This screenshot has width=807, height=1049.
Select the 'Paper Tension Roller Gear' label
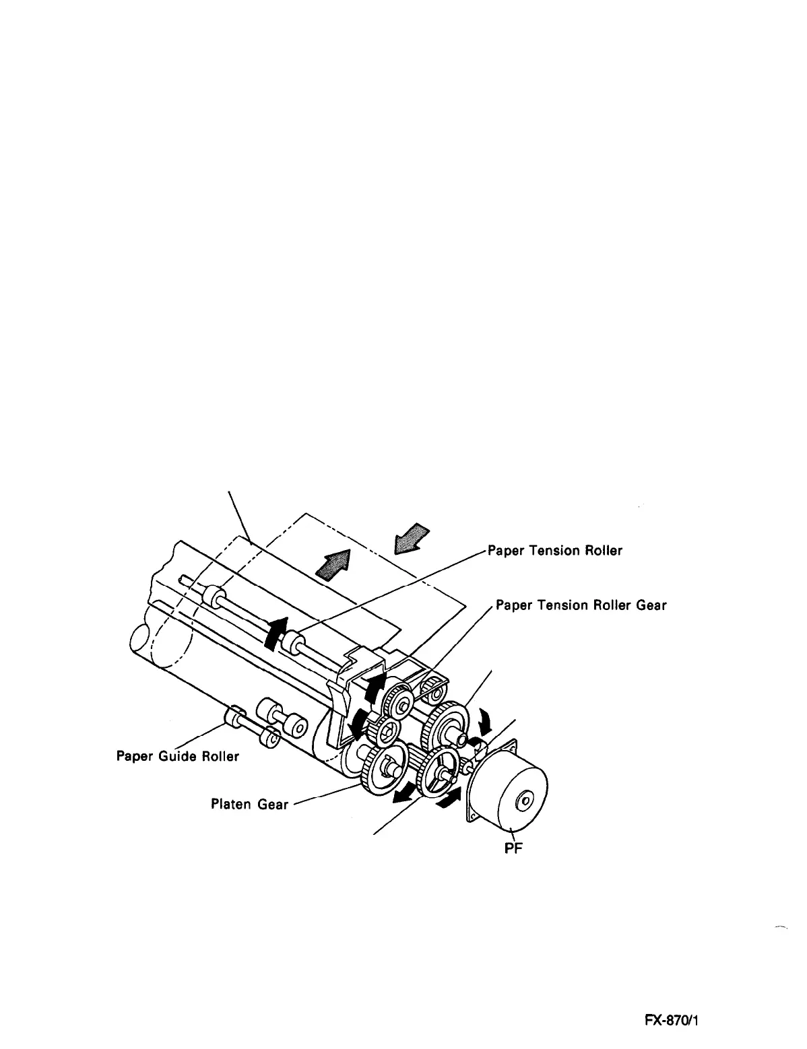tap(581, 605)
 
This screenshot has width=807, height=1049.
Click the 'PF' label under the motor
tap(514, 848)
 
